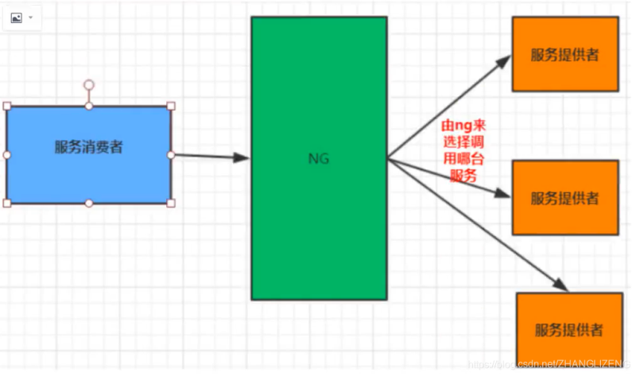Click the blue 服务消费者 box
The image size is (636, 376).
pos(89,155)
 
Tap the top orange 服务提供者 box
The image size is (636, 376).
pos(565,54)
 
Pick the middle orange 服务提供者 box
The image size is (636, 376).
pos(565,197)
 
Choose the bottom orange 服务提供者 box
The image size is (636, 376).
pos(569,329)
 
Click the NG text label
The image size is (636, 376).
pos(319,158)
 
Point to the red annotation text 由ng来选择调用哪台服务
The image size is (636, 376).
pos(464,151)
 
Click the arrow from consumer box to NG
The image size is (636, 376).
pos(211,157)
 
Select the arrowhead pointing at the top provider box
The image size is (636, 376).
pos(505,61)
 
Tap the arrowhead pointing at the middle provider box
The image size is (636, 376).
pos(501,193)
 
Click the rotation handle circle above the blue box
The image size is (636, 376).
pos(89,84)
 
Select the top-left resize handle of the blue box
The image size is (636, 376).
pos(7,106)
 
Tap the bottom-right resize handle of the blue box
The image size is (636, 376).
pos(171,204)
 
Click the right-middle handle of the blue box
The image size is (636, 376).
pos(171,154)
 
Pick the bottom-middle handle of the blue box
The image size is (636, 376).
pos(89,204)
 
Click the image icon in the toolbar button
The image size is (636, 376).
pos(16,17)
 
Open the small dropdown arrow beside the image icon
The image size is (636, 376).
pos(31,17)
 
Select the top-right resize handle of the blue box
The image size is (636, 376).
pos(171,106)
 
